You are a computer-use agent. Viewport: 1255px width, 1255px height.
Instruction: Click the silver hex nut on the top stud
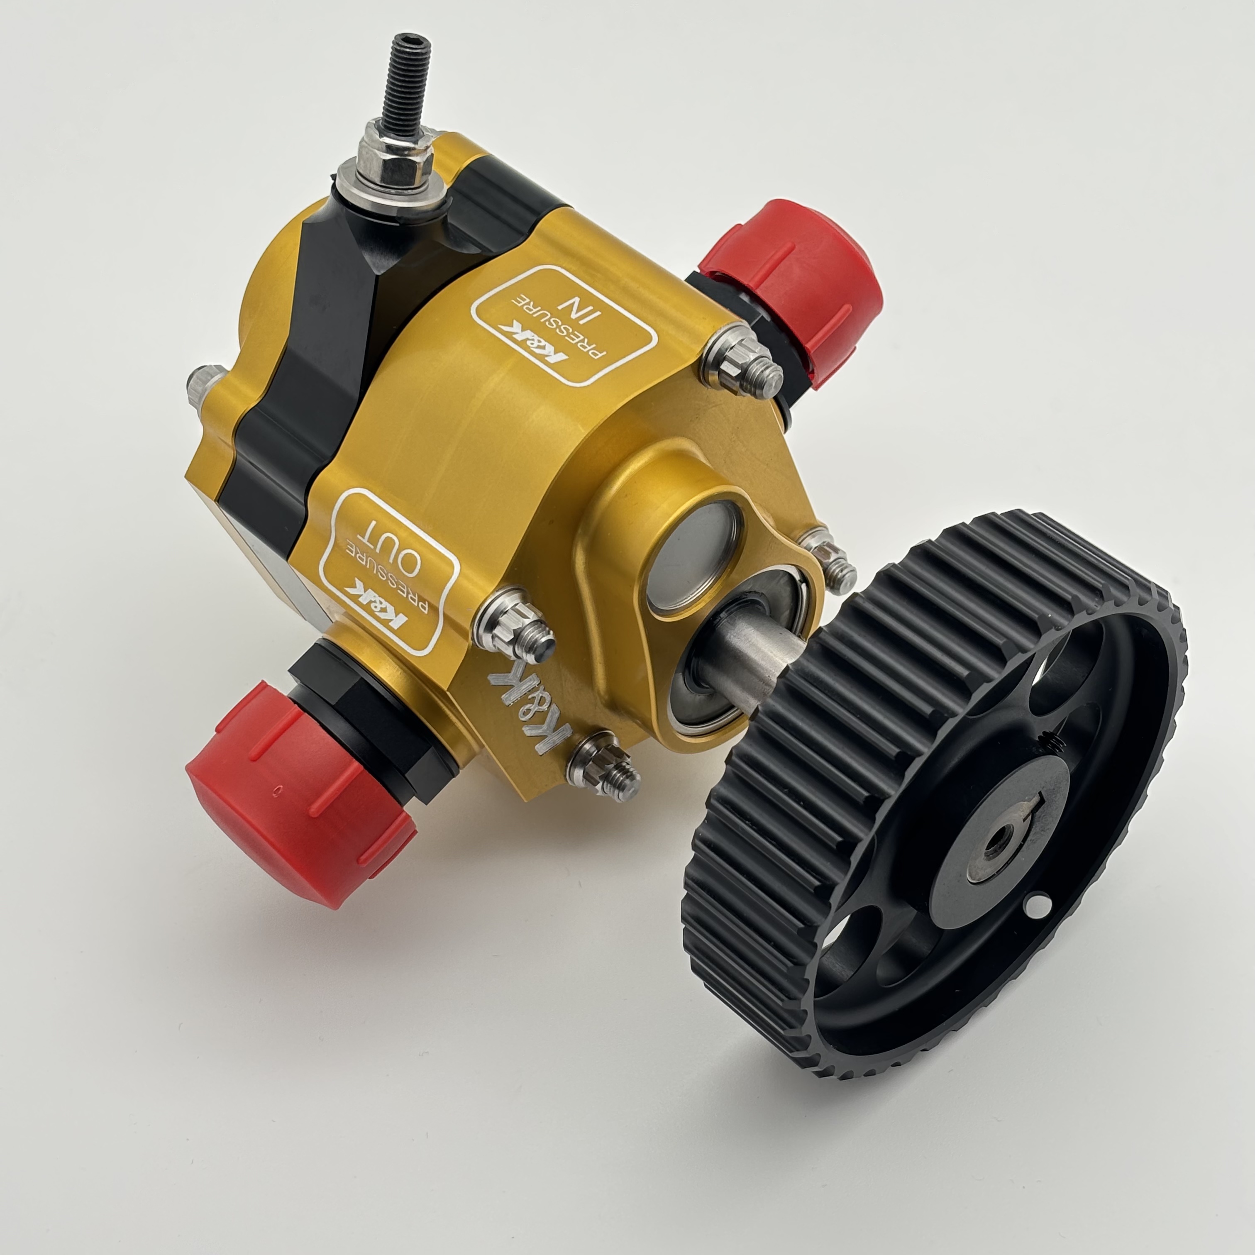[x=394, y=156]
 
